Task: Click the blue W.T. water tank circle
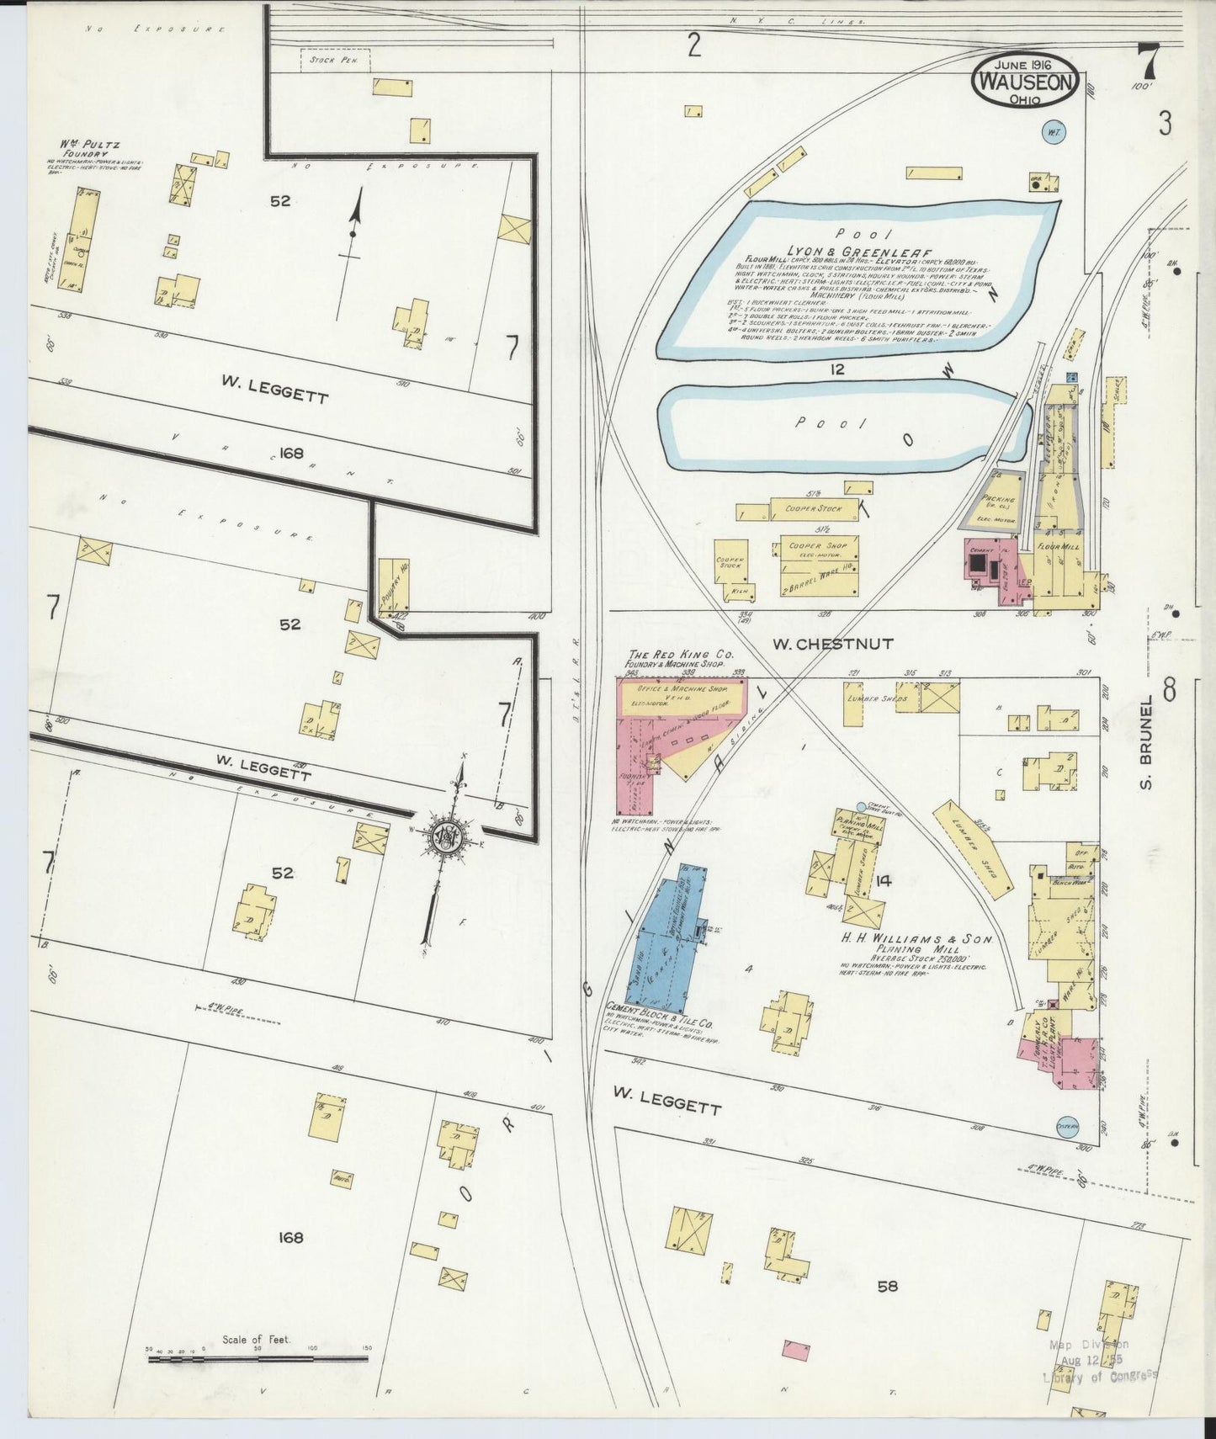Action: coord(1053,132)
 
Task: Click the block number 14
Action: coord(883,880)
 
